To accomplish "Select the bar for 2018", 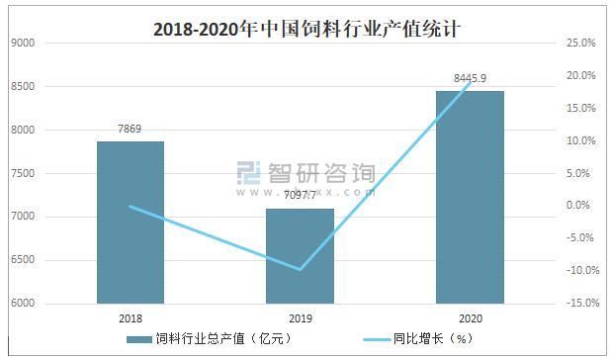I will (131, 223).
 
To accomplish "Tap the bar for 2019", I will (301, 256).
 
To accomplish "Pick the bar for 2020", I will (471, 197).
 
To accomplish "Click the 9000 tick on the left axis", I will (22, 44).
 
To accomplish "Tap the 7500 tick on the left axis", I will (22, 174).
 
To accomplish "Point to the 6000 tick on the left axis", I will (22, 304).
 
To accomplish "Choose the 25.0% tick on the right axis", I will (579, 44).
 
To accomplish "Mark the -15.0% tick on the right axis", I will (577, 304).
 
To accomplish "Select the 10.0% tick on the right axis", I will (579, 141).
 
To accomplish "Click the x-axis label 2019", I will (301, 318).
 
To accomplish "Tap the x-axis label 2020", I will (471, 318).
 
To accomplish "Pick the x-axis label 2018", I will (131, 318).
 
